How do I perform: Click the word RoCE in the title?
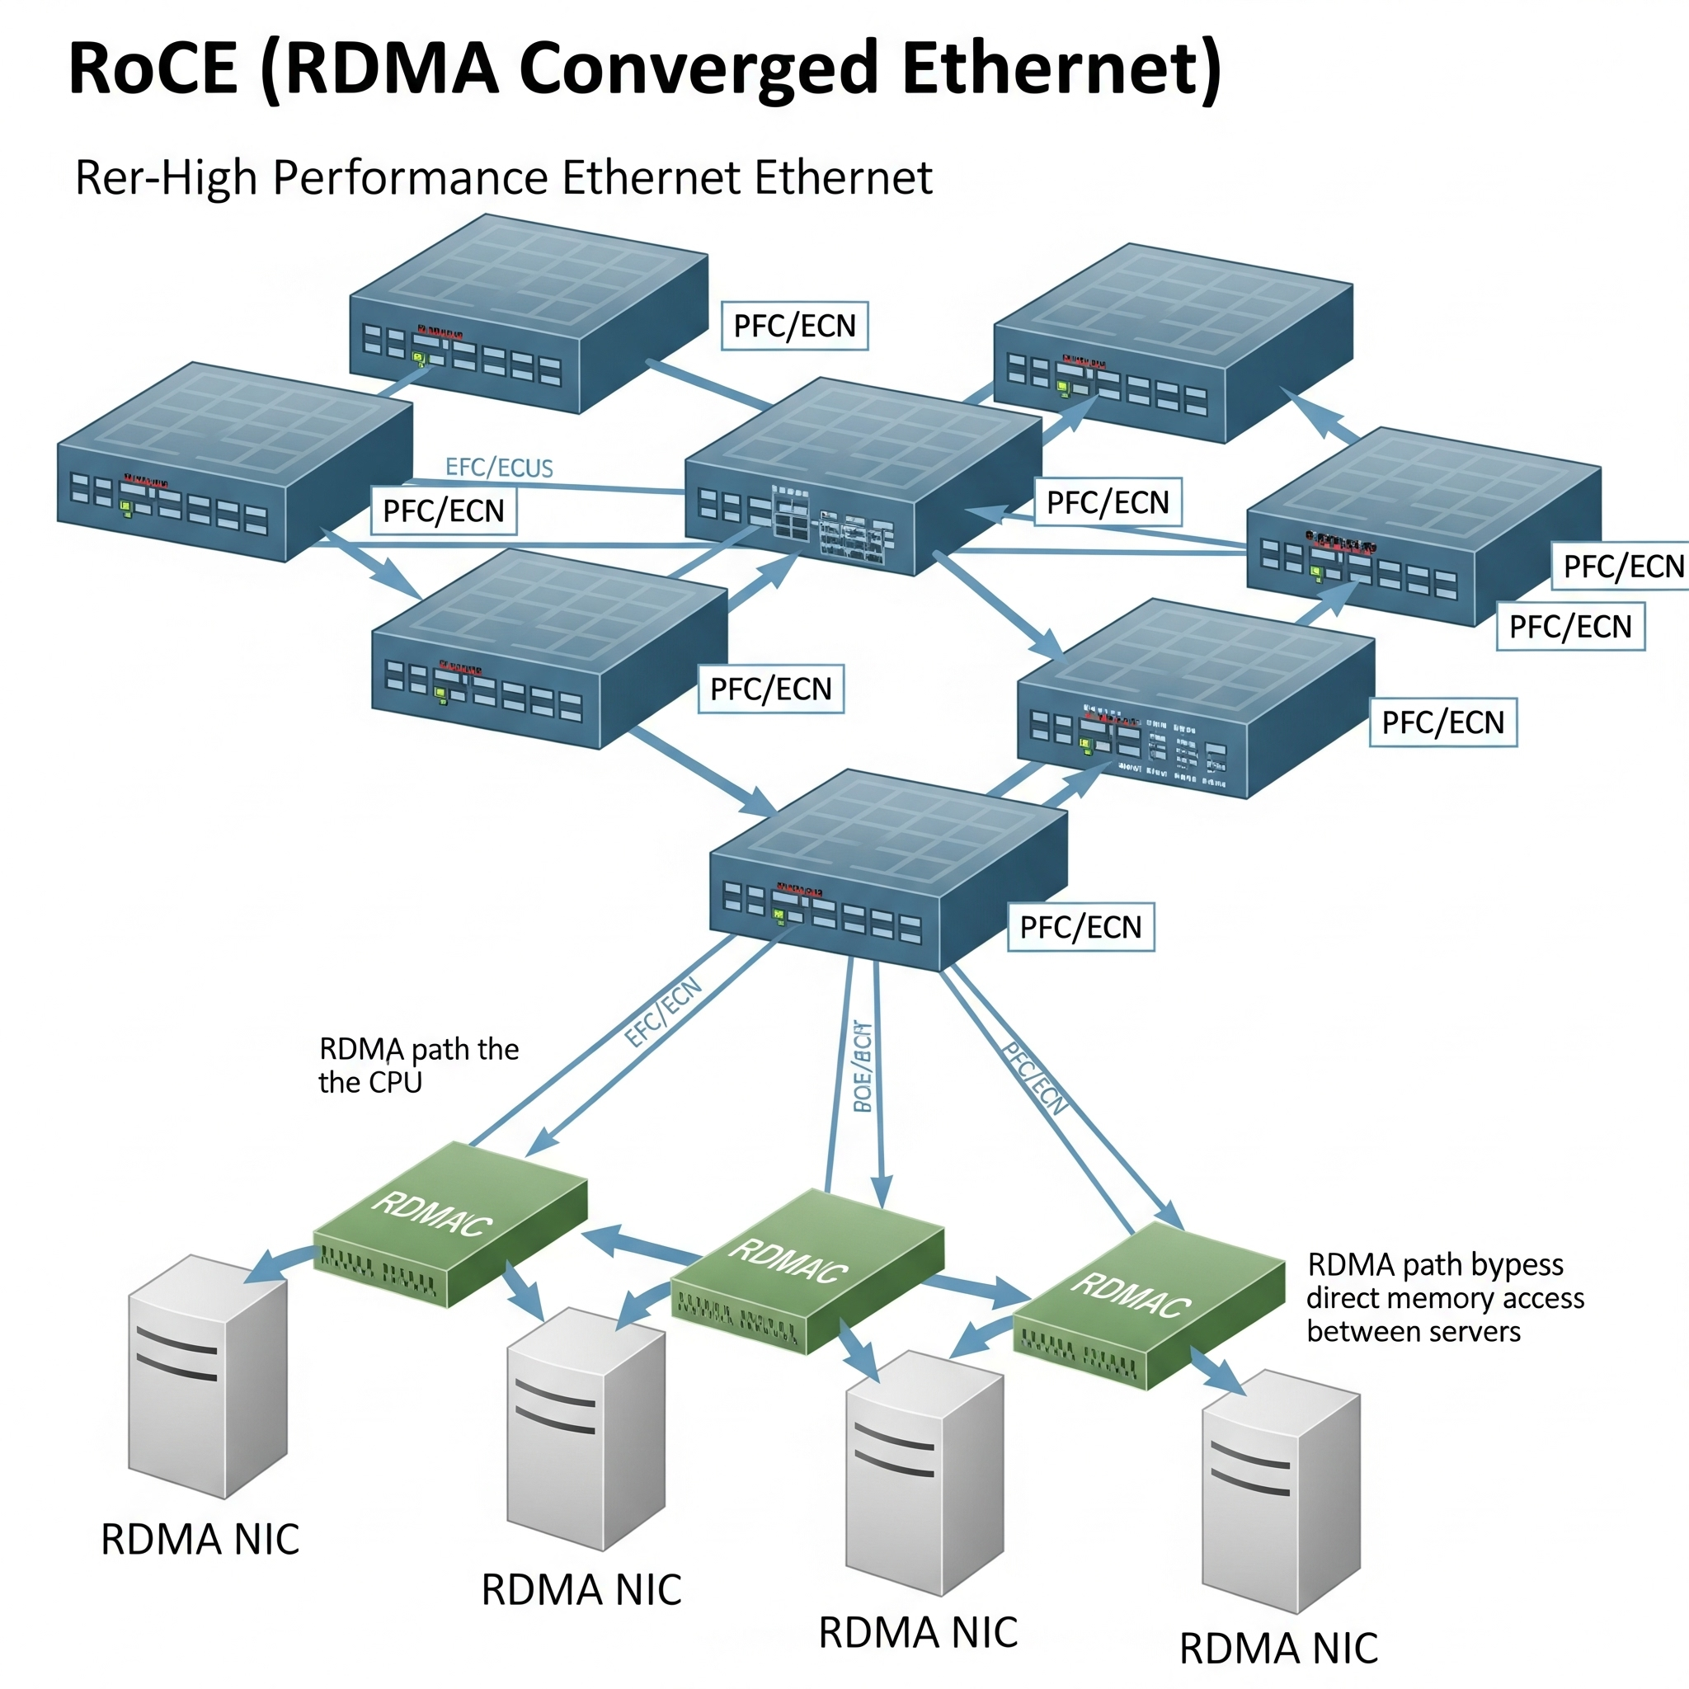click(x=154, y=68)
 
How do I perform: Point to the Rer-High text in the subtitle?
click(x=166, y=177)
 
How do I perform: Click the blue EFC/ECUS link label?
click(x=499, y=468)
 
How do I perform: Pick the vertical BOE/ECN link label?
click(x=862, y=1066)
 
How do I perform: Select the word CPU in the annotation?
click(x=395, y=1082)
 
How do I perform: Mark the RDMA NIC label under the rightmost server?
click(x=1278, y=1649)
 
